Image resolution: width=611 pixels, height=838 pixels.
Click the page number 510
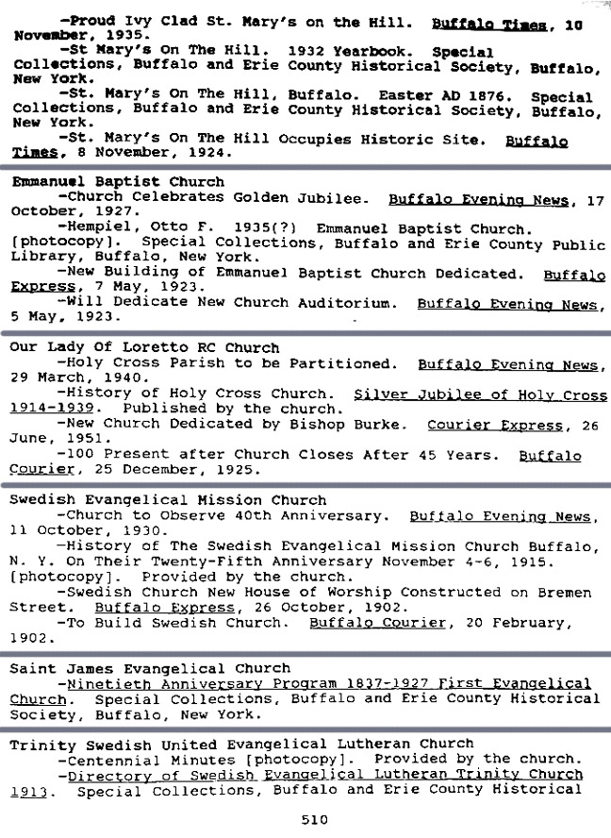pyautogui.click(x=314, y=820)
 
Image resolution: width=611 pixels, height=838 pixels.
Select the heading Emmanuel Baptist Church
pyautogui.click(x=117, y=181)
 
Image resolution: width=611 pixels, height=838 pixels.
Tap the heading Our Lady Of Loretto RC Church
pyautogui.click(x=144, y=347)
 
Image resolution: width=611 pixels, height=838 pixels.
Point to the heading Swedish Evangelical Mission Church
pyautogui.click(x=168, y=499)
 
